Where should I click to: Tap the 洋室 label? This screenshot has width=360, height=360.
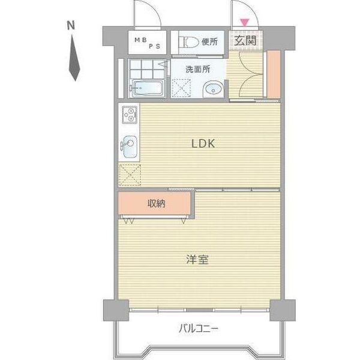tap(197, 260)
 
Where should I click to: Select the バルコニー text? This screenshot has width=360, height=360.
tap(199, 329)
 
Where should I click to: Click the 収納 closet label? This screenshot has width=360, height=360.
tap(157, 204)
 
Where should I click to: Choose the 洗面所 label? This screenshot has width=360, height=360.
tap(198, 69)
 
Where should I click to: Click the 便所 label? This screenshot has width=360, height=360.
tap(209, 42)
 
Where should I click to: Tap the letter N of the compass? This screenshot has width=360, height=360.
tap(71, 26)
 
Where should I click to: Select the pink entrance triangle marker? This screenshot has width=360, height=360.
tap(244, 23)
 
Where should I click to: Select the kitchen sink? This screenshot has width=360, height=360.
tap(130, 145)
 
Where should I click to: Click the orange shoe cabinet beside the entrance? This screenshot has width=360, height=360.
tap(273, 74)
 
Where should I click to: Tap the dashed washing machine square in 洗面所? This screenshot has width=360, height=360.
tap(181, 88)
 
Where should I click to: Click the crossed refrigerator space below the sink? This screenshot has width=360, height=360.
tap(130, 174)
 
